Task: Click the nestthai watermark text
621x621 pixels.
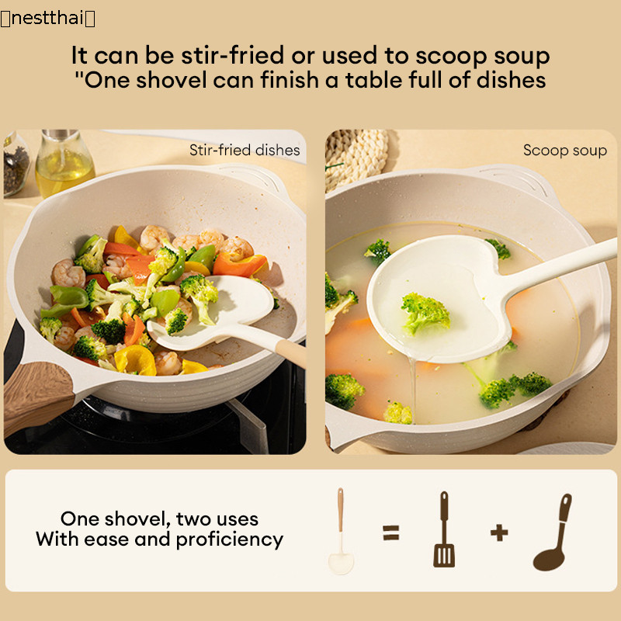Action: (47, 19)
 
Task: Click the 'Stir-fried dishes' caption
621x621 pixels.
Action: (245, 150)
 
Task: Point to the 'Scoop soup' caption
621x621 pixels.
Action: (565, 151)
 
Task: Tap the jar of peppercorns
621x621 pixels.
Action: (15, 165)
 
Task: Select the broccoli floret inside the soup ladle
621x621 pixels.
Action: (425, 313)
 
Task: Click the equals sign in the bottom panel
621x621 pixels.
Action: (391, 533)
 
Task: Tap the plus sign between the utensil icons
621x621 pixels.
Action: (499, 533)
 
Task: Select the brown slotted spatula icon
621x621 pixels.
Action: (444, 529)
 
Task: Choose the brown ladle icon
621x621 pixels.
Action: (553, 533)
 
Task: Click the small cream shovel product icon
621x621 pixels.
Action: (341, 531)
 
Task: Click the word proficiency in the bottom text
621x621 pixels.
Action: (230, 539)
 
